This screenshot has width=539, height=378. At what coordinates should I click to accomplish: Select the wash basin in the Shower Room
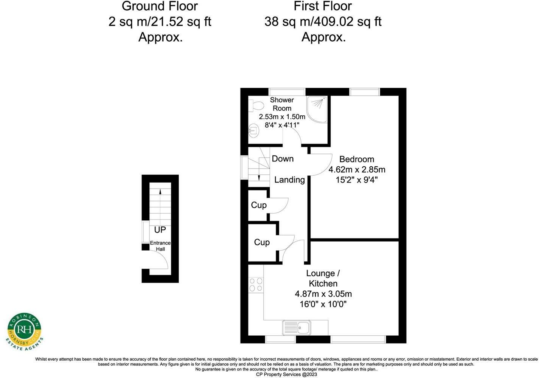pos(253,131)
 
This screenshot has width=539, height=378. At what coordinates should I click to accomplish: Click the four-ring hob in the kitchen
pos(256,284)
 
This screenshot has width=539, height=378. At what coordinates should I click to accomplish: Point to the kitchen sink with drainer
pos(297,327)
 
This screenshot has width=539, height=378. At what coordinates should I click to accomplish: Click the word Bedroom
pos(357,159)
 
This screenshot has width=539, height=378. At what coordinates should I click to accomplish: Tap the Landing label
pos(289,180)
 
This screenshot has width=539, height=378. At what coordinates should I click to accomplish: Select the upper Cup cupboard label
pos(259,205)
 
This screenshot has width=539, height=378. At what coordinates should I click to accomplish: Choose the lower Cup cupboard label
pos(262,242)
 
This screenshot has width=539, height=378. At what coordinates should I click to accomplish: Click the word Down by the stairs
pos(283,159)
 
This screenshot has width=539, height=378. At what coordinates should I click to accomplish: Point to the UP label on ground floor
pos(160,230)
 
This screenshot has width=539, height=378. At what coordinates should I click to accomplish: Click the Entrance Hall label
pos(160,246)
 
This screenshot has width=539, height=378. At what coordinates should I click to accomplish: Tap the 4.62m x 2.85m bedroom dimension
pos(357,170)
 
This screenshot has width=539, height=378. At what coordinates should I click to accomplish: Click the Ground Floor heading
pos(160,6)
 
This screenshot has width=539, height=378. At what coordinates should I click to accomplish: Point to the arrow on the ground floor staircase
pos(160,191)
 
